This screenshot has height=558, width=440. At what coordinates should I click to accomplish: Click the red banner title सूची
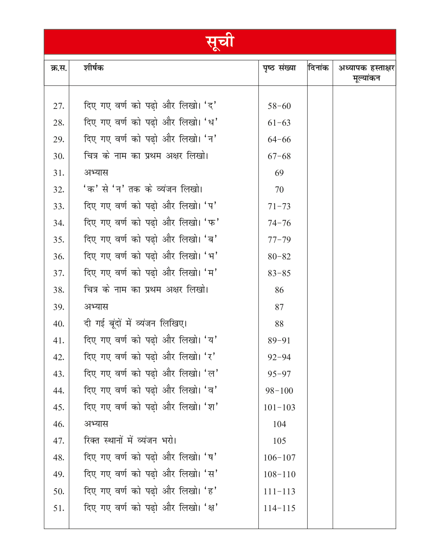(x=220, y=42)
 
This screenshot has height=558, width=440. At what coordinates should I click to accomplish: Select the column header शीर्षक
(x=94, y=68)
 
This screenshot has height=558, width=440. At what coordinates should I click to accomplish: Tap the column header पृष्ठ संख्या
(x=279, y=68)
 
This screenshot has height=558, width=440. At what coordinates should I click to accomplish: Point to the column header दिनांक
(x=319, y=68)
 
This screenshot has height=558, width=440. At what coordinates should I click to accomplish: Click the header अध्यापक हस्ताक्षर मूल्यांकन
(x=366, y=73)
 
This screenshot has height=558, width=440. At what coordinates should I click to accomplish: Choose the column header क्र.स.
(x=59, y=68)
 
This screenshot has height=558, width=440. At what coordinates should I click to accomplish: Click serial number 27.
(x=59, y=106)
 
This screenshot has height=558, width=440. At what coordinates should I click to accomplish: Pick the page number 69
(x=279, y=173)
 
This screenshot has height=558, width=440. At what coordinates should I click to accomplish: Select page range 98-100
(x=279, y=391)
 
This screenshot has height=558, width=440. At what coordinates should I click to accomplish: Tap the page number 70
(x=279, y=190)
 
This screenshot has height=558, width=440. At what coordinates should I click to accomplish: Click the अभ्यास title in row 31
(x=96, y=173)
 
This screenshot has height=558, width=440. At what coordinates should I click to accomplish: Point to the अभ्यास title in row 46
(x=96, y=424)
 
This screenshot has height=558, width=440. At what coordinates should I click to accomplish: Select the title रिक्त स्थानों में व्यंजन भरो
(x=130, y=441)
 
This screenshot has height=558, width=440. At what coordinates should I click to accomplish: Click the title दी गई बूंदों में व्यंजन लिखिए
(x=135, y=323)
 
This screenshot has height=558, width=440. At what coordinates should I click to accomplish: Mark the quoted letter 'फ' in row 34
(x=212, y=223)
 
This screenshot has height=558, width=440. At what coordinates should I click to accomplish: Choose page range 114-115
(x=279, y=508)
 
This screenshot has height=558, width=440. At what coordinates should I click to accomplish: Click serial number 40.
(x=59, y=324)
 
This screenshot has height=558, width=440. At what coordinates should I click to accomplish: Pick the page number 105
(x=279, y=441)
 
